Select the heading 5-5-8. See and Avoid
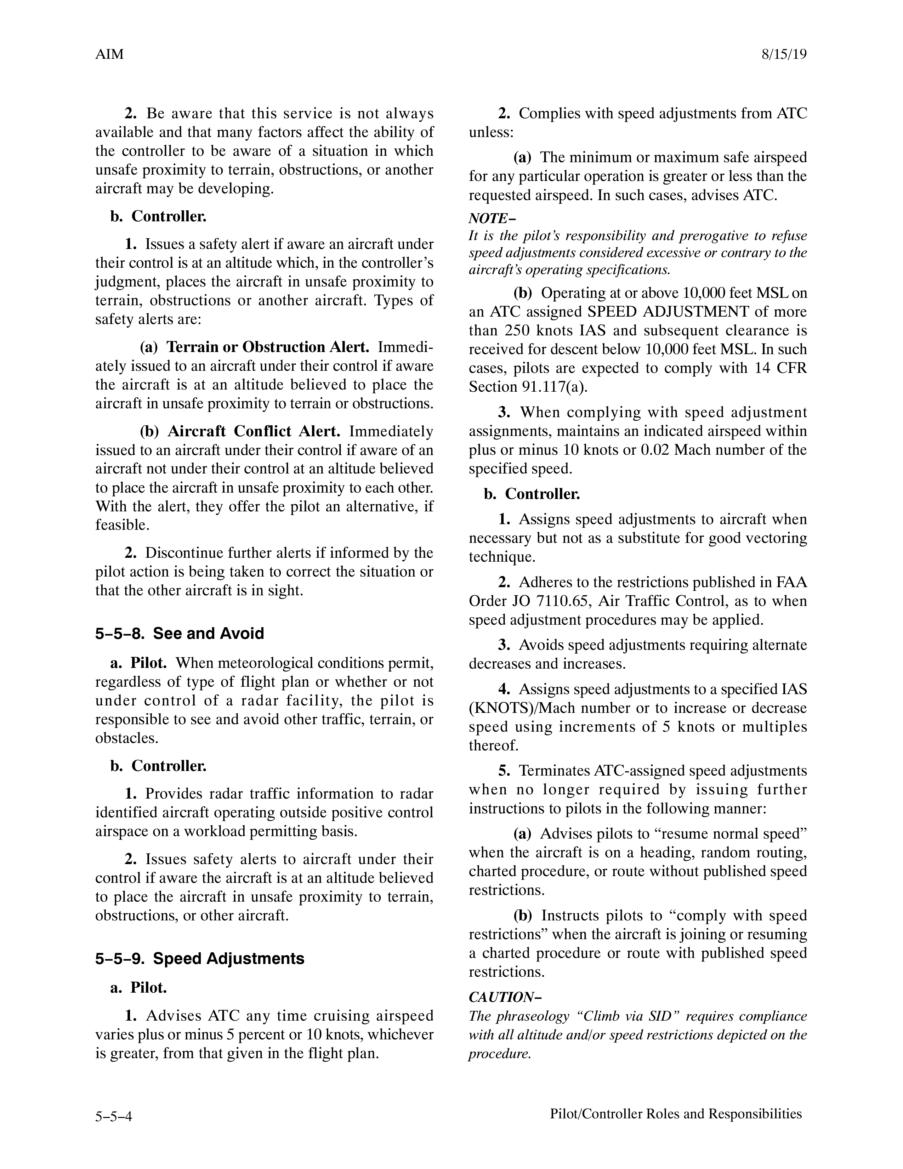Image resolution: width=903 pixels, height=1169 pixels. [x=180, y=634]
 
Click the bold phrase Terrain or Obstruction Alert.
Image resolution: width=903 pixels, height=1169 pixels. [x=268, y=347]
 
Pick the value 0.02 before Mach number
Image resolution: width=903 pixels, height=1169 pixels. [x=655, y=450]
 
